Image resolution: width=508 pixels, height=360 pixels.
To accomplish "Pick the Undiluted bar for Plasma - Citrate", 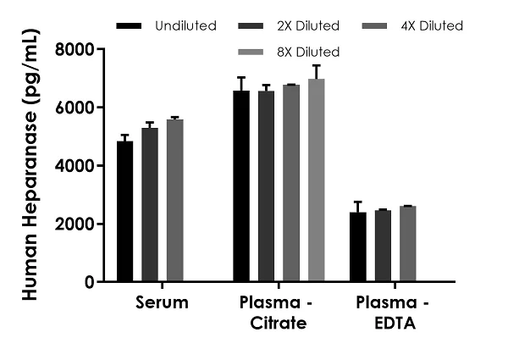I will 241,186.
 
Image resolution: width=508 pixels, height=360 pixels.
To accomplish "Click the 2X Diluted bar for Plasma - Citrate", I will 266,186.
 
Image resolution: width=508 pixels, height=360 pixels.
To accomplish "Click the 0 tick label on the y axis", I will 88,282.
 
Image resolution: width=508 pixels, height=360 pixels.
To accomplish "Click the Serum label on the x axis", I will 162,302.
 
